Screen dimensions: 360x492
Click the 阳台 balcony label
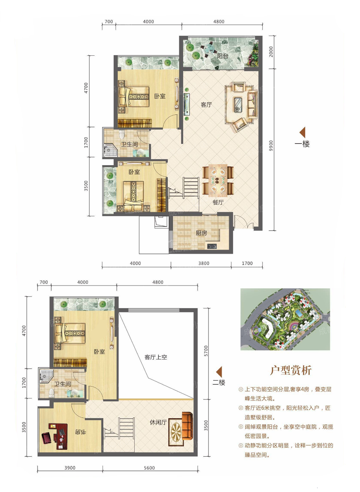pos(222,56)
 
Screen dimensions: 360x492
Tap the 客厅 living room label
pos(206,104)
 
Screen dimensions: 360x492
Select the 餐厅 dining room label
pos(218,202)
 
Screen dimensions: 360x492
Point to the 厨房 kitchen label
pos(201,233)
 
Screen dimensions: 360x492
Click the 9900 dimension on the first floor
pos(271,146)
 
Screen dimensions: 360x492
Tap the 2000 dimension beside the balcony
pos(271,52)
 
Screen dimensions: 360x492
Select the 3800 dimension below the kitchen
pos(204,263)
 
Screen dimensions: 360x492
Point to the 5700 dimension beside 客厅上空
pos(206,351)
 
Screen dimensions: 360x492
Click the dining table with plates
pos(218,180)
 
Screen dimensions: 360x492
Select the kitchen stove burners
pos(212,247)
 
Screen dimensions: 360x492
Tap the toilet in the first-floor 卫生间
pos(122,134)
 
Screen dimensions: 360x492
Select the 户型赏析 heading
pos(291,370)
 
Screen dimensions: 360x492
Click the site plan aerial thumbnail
pos(285,319)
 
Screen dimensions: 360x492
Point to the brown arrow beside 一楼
pos(302,132)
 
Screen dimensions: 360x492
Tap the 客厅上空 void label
pos(156,357)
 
